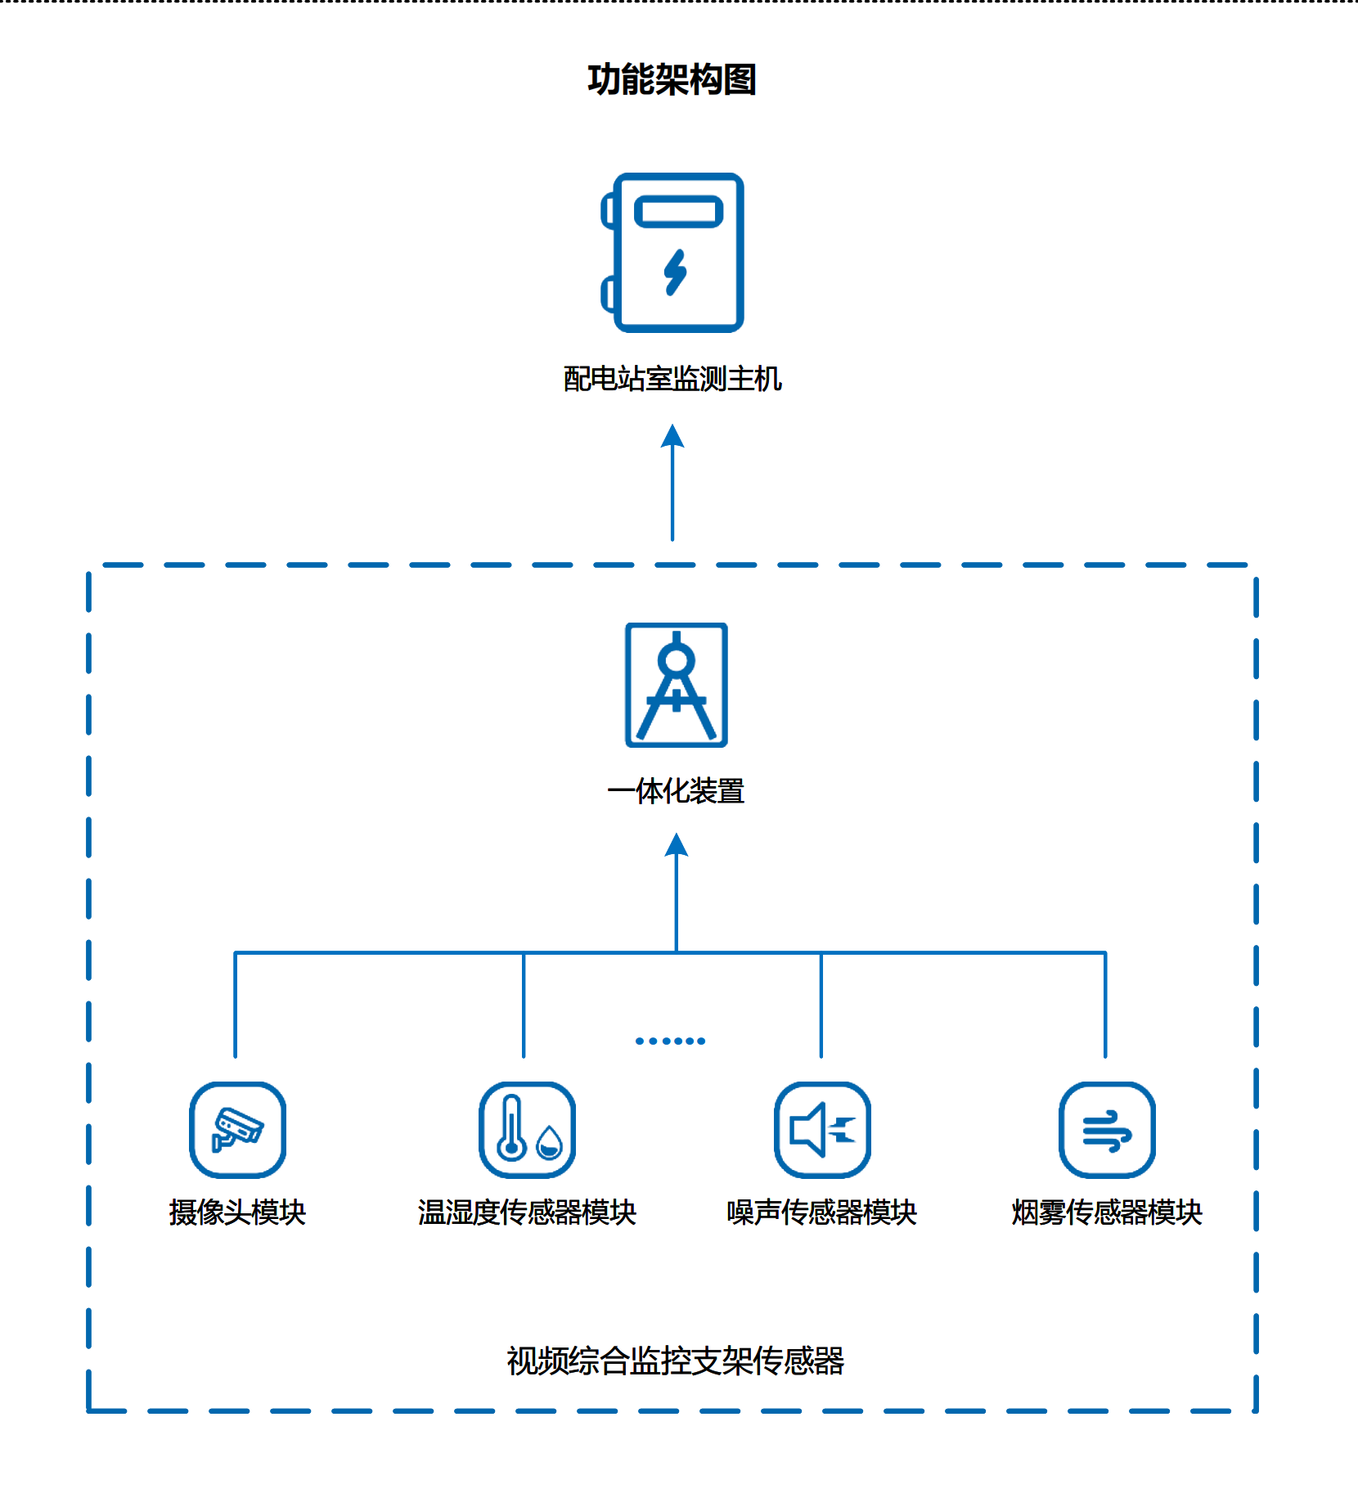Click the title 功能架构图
pos(672,80)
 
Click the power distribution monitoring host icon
pos(673,253)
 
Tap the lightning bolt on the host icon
pos(676,272)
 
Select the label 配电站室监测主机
pos(672,379)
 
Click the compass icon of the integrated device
pos(677,685)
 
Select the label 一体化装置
pos(676,791)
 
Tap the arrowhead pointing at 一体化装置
pos(677,844)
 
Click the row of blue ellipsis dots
pos(670,1041)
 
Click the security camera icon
pos(237,1130)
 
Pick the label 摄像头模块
pos(237,1212)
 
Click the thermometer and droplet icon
pos(527,1130)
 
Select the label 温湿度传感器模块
pos(527,1212)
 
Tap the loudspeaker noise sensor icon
pos(822,1130)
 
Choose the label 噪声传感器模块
pos(822,1212)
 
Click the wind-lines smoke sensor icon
pos(1107,1130)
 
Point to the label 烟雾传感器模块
pos(1107,1212)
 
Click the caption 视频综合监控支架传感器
pos(675,1361)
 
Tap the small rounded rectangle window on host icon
pos(678,211)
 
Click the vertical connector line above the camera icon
pos(235,1006)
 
